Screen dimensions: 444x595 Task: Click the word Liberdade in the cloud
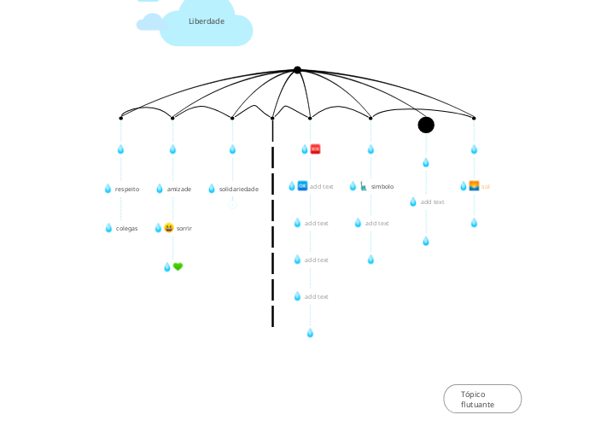(x=207, y=21)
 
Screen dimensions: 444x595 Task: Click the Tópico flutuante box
(x=482, y=399)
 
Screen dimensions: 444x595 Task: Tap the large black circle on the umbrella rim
(x=426, y=125)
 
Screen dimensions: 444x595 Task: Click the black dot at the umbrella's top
(x=297, y=70)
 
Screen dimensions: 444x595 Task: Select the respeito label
(x=127, y=189)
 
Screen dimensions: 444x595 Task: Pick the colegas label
(x=127, y=228)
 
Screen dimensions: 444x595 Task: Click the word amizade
(x=179, y=189)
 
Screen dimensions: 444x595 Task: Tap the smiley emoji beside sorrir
(x=169, y=228)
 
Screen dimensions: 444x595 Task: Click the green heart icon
(x=178, y=266)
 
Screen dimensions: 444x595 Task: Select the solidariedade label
(x=238, y=189)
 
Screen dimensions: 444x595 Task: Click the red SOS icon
(x=315, y=149)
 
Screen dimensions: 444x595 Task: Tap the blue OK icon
(x=302, y=185)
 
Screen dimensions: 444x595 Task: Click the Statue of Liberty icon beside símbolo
(x=363, y=185)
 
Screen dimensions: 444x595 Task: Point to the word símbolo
(x=382, y=186)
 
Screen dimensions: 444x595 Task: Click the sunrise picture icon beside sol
(x=474, y=185)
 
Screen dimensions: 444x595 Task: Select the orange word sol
(x=486, y=186)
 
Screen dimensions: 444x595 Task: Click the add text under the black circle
(x=433, y=202)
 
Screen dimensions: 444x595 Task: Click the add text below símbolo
(x=377, y=223)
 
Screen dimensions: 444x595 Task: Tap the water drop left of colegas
(x=108, y=228)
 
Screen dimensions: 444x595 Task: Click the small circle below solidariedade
(x=232, y=204)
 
